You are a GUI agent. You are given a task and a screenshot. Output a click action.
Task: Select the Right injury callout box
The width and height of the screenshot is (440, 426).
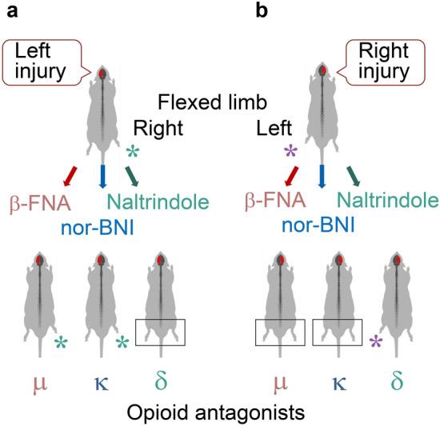(x=377, y=62)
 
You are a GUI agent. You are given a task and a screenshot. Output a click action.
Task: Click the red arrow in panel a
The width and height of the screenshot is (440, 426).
(x=72, y=173)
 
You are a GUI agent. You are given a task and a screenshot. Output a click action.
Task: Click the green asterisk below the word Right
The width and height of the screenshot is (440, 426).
(x=133, y=152)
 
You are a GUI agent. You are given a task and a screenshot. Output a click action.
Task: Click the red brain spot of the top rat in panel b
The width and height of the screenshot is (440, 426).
(x=322, y=74)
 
